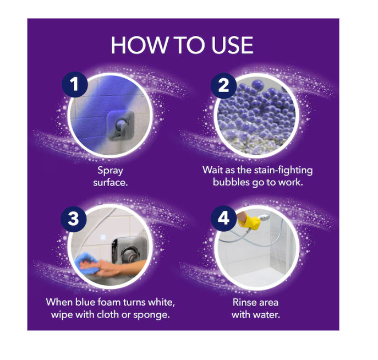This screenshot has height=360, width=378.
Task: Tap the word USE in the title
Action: click(232, 45)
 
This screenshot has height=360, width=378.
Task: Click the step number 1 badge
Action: click(75, 85)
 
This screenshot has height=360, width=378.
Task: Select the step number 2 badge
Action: click(223, 86)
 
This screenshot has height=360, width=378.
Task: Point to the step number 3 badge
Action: click(73, 219)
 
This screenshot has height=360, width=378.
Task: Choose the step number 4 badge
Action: click(223, 219)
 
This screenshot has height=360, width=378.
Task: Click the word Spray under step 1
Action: click(110, 171)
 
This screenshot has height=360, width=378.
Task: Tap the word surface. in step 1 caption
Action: click(111, 183)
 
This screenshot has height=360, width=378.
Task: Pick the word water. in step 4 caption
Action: click(267, 315)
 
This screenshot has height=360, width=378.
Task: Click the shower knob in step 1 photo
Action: click(121, 125)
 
